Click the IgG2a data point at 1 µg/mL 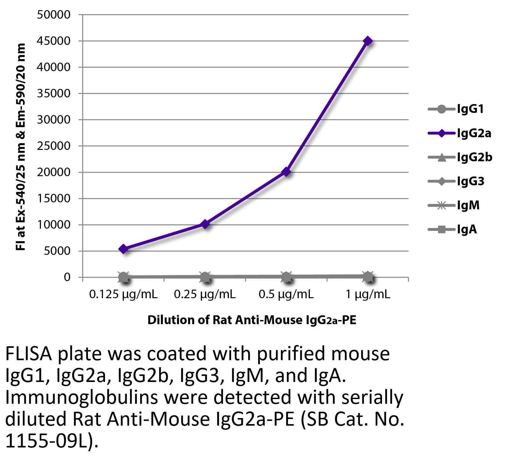[x=367, y=41]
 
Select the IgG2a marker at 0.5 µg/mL [x=286, y=172]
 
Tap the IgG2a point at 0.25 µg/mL [x=205, y=224]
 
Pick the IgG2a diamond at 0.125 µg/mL [x=124, y=249]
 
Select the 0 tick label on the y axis [x=67, y=277]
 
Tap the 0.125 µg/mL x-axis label [x=123, y=295]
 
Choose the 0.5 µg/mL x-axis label [x=286, y=295]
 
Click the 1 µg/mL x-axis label [x=368, y=295]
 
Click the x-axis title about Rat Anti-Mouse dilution [x=252, y=320]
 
